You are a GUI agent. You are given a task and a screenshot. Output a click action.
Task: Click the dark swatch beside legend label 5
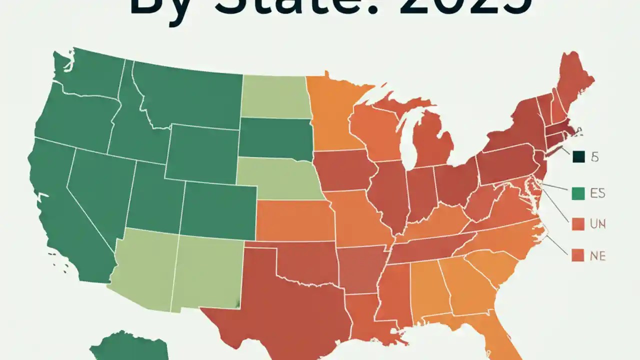(x=578, y=157)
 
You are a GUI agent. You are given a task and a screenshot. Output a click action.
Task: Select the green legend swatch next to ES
(x=578, y=193)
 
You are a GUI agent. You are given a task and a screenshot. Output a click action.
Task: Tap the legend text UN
(x=597, y=224)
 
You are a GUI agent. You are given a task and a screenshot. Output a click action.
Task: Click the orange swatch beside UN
(x=578, y=224)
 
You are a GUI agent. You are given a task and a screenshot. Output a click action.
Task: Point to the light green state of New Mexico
(x=207, y=270)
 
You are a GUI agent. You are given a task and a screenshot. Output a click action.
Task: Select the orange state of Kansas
(x=295, y=220)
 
